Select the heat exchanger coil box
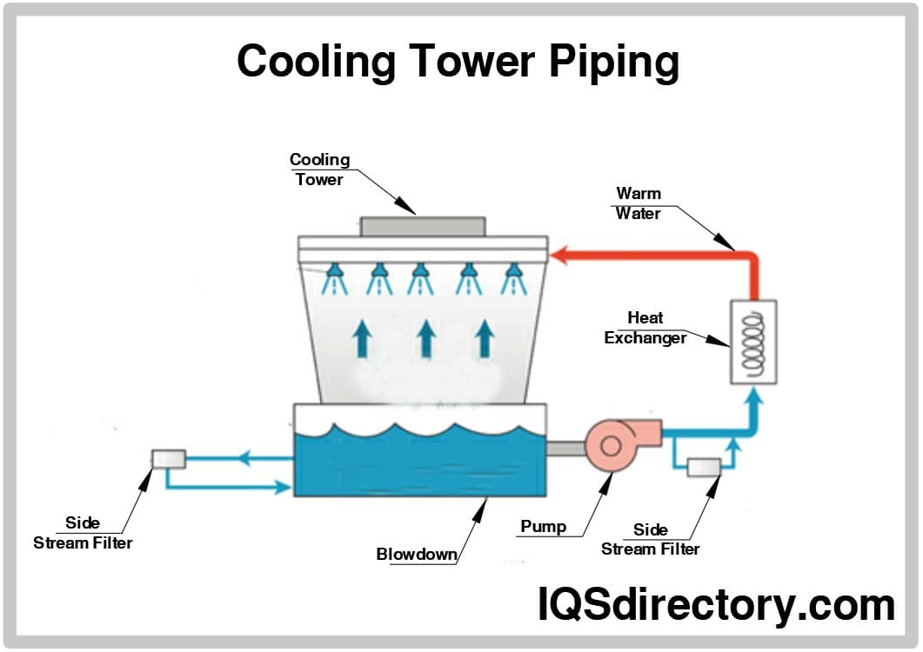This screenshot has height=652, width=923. pyautogui.click(x=752, y=342)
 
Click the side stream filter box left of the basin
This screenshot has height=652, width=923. pyautogui.click(x=168, y=457)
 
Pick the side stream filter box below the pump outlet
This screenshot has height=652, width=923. pyautogui.click(x=703, y=467)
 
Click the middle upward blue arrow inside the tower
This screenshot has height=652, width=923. pyautogui.click(x=425, y=338)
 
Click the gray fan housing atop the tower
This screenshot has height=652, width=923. pyautogui.click(x=423, y=226)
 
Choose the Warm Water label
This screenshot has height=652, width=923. pyautogui.click(x=639, y=203)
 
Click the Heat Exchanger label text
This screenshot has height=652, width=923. pyautogui.click(x=645, y=329)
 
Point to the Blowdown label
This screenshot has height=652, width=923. pyautogui.click(x=417, y=554)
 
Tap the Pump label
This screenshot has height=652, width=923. pyautogui.click(x=544, y=526)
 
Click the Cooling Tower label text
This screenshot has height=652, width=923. pyautogui.click(x=319, y=170)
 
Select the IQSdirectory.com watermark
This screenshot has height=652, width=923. pyautogui.click(x=715, y=604)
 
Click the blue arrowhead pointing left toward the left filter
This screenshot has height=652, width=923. pyautogui.click(x=249, y=458)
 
